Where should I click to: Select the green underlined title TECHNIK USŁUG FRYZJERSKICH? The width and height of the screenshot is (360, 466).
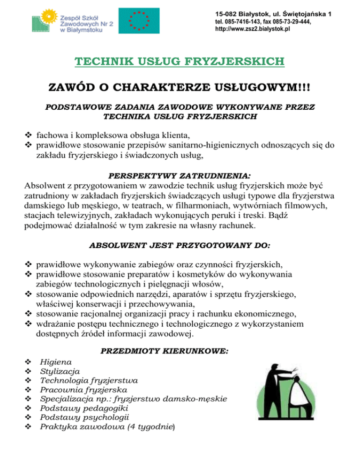tap(179, 61)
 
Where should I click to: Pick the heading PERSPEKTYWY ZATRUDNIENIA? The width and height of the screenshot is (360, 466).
tap(179, 177)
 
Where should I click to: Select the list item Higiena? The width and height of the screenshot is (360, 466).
tap(56, 362)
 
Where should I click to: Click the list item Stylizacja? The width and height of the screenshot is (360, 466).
tap(60, 371)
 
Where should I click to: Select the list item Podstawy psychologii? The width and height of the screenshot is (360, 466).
tap(84, 417)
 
